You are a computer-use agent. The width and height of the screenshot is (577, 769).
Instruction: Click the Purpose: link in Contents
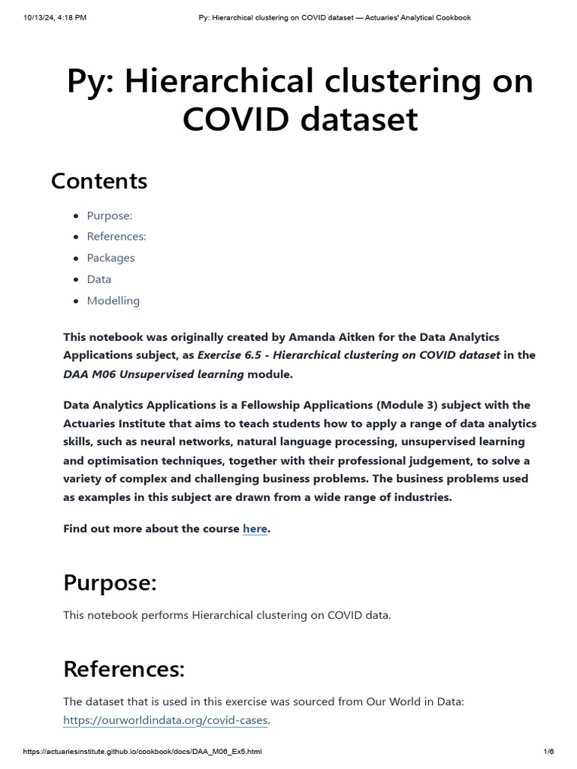[109, 216]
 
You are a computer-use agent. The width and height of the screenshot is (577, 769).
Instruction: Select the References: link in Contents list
[116, 237]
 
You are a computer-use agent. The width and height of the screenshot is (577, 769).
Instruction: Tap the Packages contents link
[110, 258]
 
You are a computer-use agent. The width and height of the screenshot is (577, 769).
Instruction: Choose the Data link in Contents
[98, 279]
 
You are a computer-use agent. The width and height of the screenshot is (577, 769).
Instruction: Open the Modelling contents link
[113, 300]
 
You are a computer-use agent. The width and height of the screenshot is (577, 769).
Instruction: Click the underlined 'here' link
[255, 529]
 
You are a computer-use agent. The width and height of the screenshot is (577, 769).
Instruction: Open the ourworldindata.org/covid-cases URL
[166, 720]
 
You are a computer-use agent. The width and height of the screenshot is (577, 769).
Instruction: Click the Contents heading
[99, 181]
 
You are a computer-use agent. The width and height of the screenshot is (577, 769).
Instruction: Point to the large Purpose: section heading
[110, 582]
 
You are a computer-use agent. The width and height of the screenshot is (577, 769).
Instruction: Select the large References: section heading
[124, 668]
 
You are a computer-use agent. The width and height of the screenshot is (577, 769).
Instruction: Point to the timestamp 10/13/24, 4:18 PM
[54, 17]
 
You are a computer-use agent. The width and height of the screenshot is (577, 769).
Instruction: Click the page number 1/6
[548, 752]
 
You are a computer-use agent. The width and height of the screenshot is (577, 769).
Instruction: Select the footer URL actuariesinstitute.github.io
[143, 752]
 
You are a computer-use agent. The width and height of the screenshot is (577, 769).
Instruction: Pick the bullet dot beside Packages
[76, 258]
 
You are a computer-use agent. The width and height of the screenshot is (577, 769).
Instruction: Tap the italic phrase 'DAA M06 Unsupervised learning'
[153, 374]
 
